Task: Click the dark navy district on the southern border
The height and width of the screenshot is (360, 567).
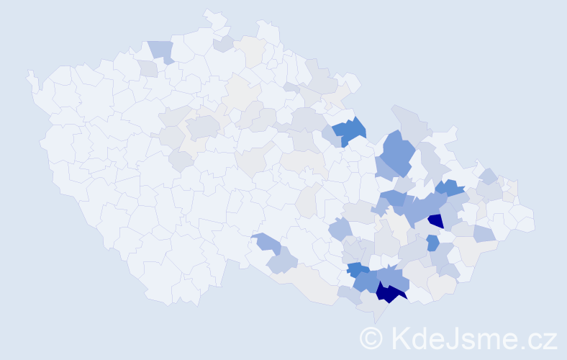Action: point(389,291)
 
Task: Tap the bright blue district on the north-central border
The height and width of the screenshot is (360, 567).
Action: point(350,130)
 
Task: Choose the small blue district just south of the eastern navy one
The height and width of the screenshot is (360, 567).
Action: point(432,243)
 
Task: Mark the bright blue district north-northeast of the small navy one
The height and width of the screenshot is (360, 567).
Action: point(450,188)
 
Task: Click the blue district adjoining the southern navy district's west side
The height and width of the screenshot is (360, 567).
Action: point(368,280)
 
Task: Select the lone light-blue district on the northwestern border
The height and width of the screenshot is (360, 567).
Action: point(161,50)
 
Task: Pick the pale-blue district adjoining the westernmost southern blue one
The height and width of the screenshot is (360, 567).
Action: point(283,261)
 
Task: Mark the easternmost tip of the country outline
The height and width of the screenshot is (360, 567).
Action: point(535,220)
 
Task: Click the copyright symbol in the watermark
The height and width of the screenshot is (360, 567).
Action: point(371,338)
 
